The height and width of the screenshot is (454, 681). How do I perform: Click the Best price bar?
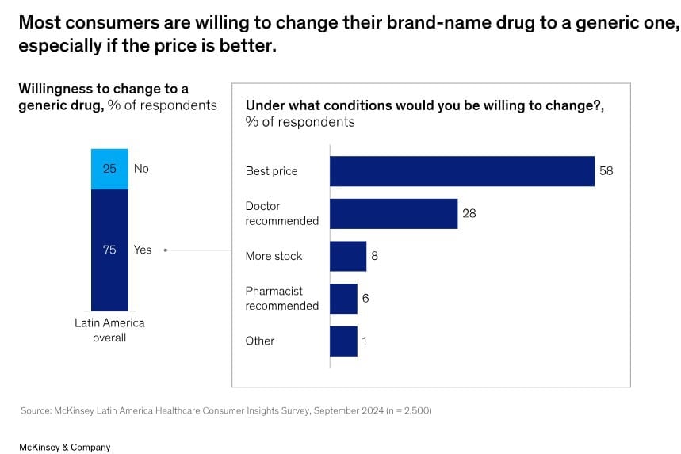(x=461, y=171)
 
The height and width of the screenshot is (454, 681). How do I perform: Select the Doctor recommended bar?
(x=393, y=213)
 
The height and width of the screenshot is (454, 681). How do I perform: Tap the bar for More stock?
(x=348, y=256)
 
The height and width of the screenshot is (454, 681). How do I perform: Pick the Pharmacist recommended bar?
(x=343, y=298)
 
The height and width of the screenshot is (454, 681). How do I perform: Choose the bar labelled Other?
(x=343, y=341)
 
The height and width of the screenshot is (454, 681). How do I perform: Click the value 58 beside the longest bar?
(x=606, y=171)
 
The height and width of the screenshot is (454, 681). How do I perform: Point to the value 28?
(x=469, y=213)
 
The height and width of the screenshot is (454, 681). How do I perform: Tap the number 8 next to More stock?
(x=375, y=256)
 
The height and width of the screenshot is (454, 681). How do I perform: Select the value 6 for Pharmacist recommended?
(x=365, y=298)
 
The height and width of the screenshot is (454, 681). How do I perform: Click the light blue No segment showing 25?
(x=109, y=169)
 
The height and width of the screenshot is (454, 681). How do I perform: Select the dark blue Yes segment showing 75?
(x=109, y=250)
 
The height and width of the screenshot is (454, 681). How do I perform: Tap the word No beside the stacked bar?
(x=141, y=169)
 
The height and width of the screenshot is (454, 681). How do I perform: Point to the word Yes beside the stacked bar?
(x=143, y=250)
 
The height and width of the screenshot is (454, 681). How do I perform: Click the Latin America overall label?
(x=109, y=330)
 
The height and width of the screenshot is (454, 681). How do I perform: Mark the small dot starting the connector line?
(x=165, y=250)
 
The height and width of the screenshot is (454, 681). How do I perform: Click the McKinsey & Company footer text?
(x=65, y=447)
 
